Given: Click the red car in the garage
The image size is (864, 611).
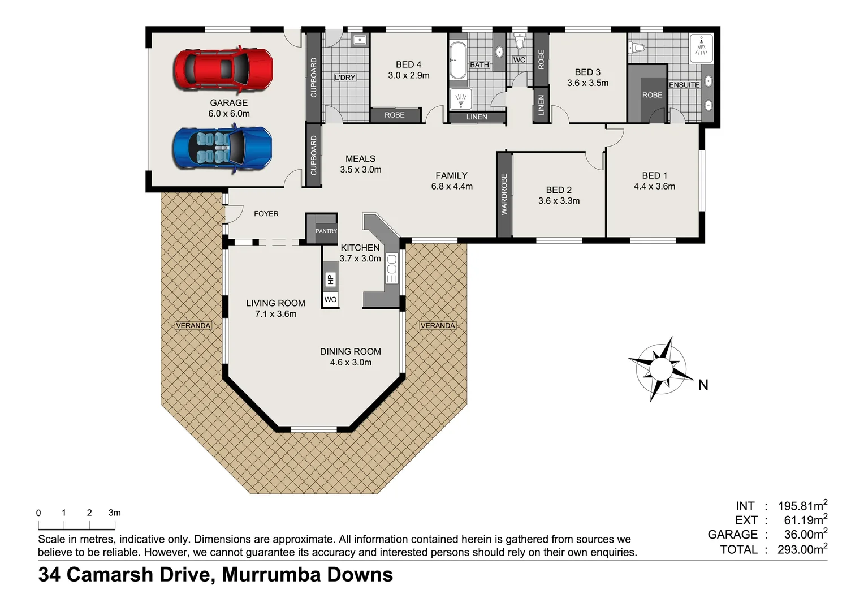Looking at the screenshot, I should click(223, 69).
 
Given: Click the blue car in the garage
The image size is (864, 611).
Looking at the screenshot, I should click(222, 148).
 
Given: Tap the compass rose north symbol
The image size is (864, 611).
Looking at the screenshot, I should click(661, 369).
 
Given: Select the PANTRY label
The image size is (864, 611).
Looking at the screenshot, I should click(326, 231).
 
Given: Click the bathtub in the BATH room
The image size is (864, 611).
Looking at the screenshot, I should click(457, 60).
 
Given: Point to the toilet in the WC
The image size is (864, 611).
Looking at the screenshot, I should click(520, 42).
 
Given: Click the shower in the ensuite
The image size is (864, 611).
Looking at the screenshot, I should click(701, 46).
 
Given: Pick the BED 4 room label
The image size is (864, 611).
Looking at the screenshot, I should click(408, 64).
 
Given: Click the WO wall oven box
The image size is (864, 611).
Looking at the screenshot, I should click(330, 300).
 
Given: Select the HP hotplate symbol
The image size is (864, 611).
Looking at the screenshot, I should click(330, 279).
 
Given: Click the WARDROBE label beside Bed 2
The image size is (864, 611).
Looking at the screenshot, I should click(504, 195).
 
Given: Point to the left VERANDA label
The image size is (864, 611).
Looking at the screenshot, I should click(193, 326).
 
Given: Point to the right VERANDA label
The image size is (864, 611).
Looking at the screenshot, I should click(437, 326).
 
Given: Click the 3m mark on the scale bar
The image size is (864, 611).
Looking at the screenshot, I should click(114, 513).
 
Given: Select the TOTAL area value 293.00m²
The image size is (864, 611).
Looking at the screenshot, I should click(802, 549).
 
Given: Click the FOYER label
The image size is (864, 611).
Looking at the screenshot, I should click(266, 214).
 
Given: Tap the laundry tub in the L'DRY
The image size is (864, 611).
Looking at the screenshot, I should click(359, 40).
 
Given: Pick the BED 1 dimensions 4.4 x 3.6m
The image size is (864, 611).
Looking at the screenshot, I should click(654, 186).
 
